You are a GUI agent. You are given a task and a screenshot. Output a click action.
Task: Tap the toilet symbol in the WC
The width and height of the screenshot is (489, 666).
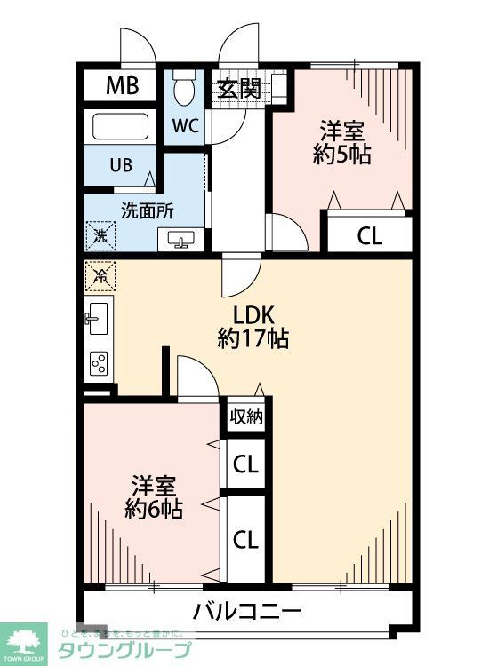tap(185, 88)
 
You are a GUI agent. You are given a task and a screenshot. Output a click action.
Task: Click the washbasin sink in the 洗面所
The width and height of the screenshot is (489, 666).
tap(182, 240)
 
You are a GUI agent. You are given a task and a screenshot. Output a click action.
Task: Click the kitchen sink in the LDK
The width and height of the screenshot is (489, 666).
tap(98, 318)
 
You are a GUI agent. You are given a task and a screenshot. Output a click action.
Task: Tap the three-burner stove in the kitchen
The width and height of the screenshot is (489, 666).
tap(99, 362)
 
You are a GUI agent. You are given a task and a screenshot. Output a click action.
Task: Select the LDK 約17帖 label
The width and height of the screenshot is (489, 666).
tap(253, 326)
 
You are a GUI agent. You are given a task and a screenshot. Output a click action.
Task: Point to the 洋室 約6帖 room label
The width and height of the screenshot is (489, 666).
tap(154, 498)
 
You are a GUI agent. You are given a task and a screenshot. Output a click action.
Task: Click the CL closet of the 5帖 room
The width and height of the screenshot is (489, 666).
tap(369, 235)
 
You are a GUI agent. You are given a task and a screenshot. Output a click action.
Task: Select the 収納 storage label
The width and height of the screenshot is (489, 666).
tap(246, 416)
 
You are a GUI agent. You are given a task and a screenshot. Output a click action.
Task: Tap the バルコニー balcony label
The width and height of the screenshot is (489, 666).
tap(248, 612)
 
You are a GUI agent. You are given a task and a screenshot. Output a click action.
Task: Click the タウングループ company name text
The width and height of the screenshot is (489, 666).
tap(124, 650)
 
